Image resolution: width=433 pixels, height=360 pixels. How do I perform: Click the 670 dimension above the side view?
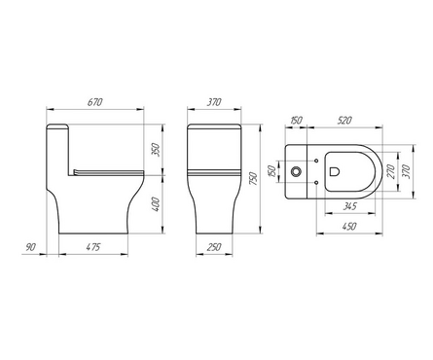click(x=95, y=102)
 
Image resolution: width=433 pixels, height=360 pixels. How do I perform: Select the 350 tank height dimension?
click(x=157, y=150)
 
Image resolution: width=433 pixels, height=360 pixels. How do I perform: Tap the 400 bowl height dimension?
click(x=157, y=204)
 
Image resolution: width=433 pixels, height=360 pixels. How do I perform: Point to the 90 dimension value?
click(x=30, y=247)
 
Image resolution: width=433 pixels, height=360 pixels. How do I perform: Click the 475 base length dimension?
click(x=93, y=247)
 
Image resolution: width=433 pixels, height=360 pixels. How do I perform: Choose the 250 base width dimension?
click(x=214, y=247)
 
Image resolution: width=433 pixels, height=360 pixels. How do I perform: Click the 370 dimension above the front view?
click(x=214, y=102)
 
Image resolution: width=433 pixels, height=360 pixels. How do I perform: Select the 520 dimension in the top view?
click(x=344, y=121)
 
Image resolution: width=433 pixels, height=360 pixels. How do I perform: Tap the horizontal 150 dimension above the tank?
click(x=296, y=121)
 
